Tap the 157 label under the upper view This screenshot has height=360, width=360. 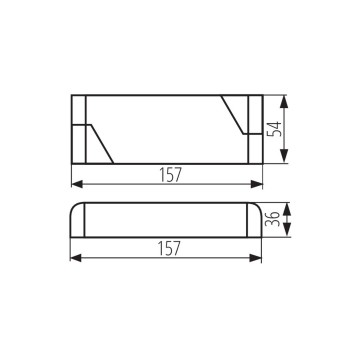[169, 175]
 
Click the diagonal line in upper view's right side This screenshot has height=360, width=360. [236, 115]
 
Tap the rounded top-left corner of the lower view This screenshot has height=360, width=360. [75, 208]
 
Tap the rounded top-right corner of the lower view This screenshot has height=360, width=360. [258, 208]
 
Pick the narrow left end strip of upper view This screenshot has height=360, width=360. [78, 127]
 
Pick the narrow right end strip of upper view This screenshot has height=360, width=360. [255, 127]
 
